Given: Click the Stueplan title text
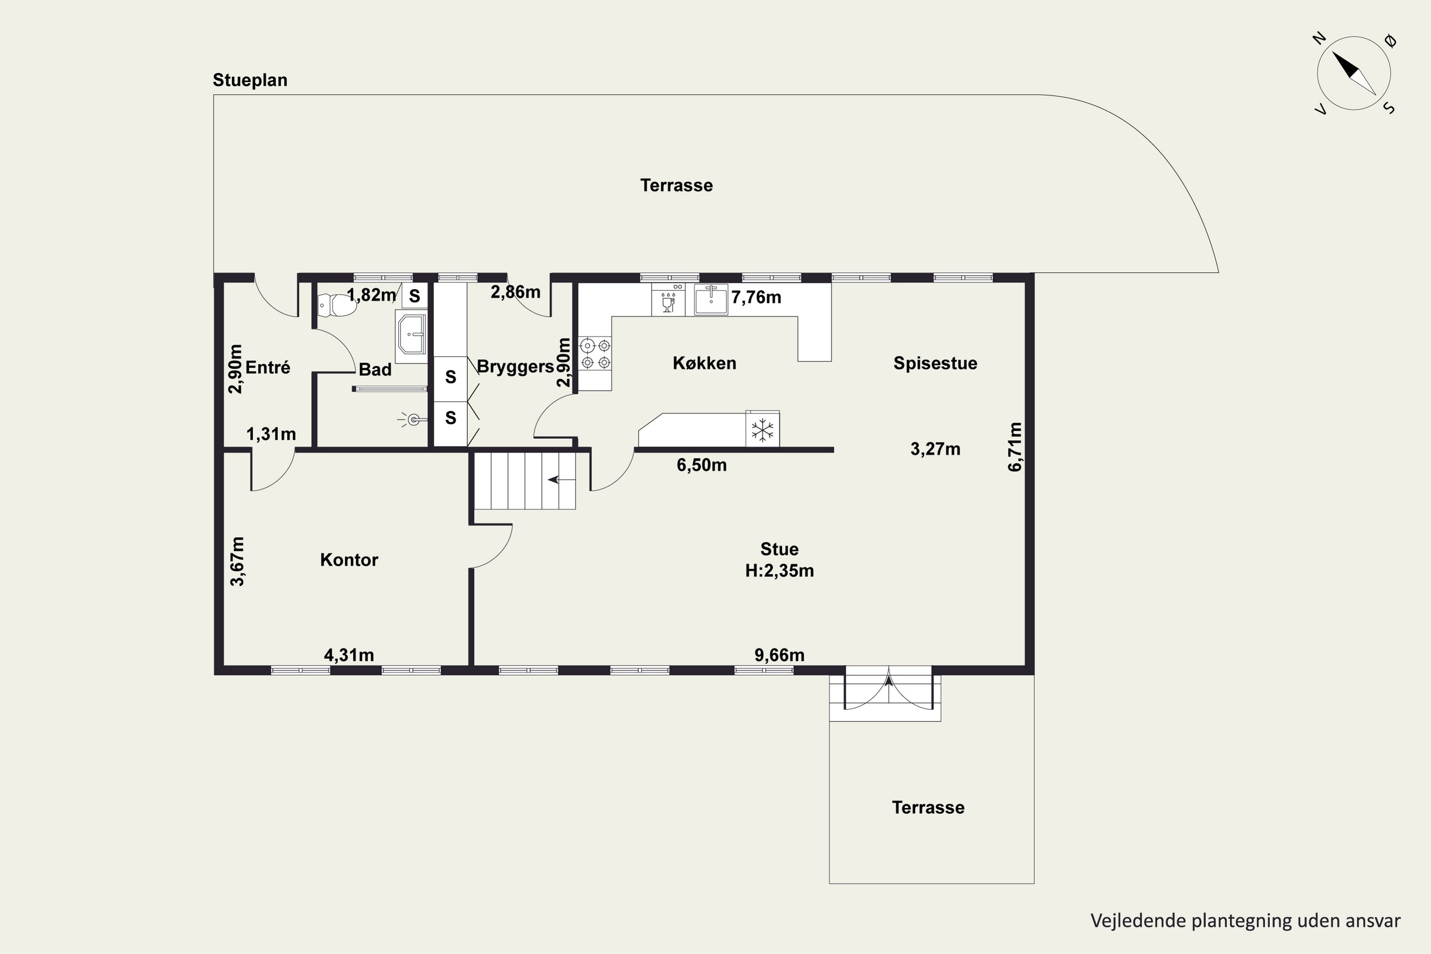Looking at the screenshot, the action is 250,80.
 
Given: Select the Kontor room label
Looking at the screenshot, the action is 349,560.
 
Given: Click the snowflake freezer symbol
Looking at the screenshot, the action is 762,430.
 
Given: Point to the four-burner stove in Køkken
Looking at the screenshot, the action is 595,354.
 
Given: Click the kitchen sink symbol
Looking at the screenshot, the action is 711,300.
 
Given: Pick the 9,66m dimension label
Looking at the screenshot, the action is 779,655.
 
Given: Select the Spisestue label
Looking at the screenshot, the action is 935,363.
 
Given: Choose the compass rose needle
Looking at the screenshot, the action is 1354,73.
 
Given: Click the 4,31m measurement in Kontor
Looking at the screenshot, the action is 349,655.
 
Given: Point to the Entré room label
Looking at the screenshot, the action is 268,367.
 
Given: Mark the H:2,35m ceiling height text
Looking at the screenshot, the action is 779,570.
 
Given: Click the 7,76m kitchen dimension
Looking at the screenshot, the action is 756,298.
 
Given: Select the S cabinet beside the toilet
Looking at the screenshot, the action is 415,296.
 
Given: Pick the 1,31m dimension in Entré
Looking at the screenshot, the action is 271,435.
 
